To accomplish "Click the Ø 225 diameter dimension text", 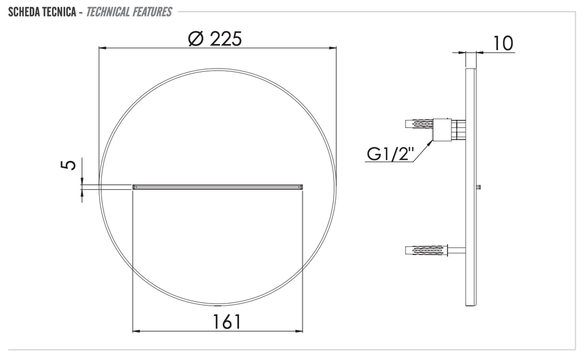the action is click(x=215, y=39).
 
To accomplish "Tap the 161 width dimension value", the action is click(x=227, y=321).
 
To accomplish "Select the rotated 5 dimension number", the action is click(x=68, y=164).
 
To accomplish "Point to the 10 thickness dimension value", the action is click(x=502, y=43).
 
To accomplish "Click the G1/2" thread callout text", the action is click(x=390, y=154).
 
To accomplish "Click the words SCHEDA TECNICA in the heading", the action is click(x=42, y=12).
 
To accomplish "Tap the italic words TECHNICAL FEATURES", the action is click(x=129, y=12).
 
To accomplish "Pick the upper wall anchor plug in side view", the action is click(x=419, y=124).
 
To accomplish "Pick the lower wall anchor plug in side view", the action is click(x=427, y=250).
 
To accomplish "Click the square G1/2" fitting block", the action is click(x=442, y=130).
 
